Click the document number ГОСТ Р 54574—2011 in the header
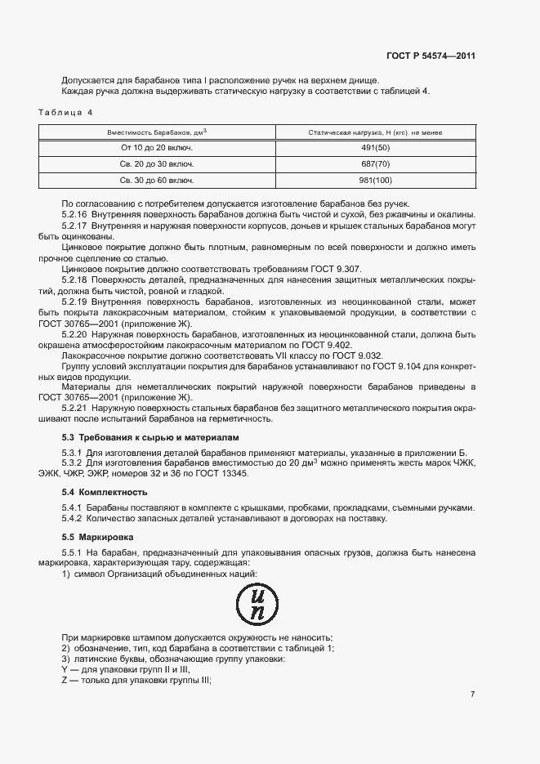pyautogui.click(x=431, y=56)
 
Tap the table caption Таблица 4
pyautogui.click(x=66, y=111)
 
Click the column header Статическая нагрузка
pyautogui.click(x=376, y=132)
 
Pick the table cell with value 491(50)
pyautogui.click(x=376, y=148)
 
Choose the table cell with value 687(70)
pyautogui.click(x=376, y=163)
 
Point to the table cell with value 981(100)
pyautogui.click(x=376, y=179)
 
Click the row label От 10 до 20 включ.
pyautogui.click(x=157, y=148)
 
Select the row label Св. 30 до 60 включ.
pyautogui.click(x=157, y=179)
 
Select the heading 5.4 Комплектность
pyautogui.click(x=105, y=492)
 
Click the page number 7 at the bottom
pyautogui.click(x=472, y=694)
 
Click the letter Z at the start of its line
pyautogui.click(x=65, y=681)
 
